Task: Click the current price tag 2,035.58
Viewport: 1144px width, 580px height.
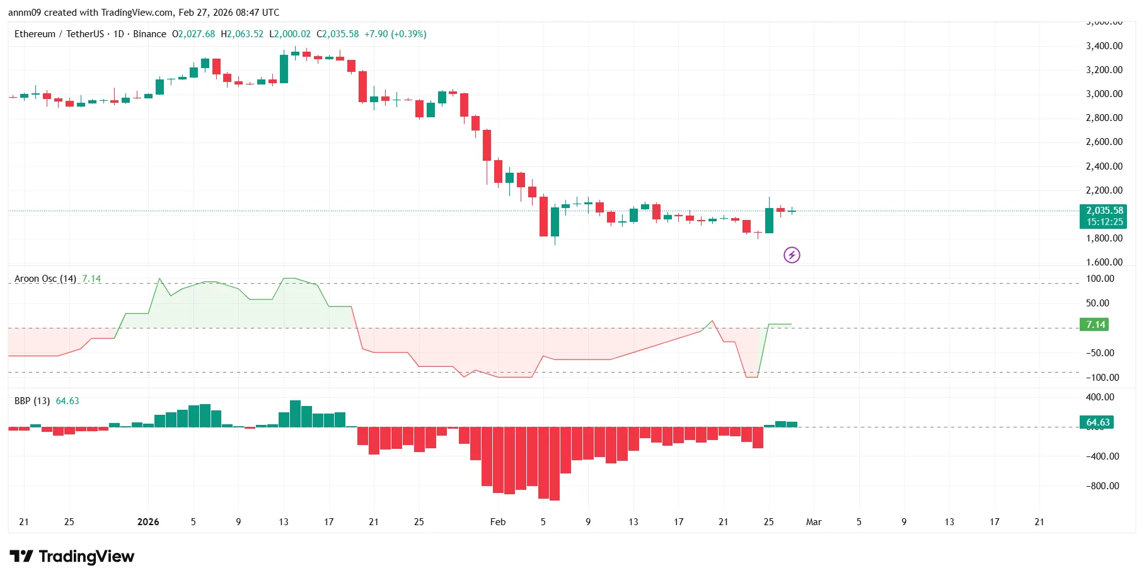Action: coord(1103,211)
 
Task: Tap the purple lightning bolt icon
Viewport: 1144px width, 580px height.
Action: coord(792,255)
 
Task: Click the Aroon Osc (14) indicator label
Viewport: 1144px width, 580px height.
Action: coord(45,279)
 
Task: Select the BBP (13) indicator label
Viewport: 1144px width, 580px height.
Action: coord(32,401)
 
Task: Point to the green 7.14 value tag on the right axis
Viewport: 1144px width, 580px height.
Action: coord(1095,325)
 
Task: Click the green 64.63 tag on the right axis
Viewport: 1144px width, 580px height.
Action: coord(1097,422)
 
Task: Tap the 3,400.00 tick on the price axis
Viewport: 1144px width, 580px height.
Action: coord(1104,46)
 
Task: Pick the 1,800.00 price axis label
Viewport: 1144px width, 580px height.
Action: coord(1104,238)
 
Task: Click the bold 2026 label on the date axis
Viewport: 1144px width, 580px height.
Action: coord(148,522)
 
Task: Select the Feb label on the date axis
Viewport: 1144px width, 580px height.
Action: coord(498,522)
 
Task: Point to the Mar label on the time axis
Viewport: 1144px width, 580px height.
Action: coord(814,522)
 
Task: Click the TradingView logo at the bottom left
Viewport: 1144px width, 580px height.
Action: coord(72,556)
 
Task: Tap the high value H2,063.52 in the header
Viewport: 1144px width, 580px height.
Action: coord(242,34)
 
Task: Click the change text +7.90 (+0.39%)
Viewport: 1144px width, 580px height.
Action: coord(395,34)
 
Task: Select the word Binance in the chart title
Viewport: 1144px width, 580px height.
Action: coord(149,34)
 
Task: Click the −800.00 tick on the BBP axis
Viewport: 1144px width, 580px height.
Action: coord(1102,486)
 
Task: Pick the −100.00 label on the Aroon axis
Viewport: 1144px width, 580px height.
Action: coord(1102,378)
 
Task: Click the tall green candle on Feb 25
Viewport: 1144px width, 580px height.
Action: coord(769,220)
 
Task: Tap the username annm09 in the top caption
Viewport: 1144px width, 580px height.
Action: coord(25,13)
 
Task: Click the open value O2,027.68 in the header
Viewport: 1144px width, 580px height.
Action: coord(194,34)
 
